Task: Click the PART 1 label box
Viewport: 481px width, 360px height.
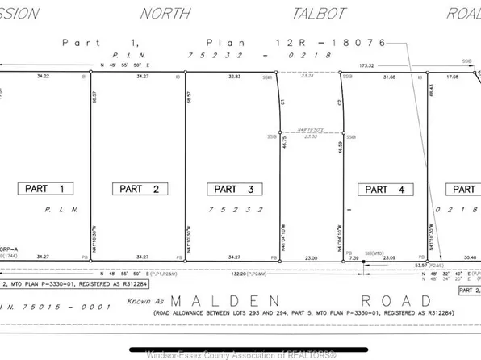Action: [45, 188]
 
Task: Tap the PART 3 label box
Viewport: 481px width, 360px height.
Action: [233, 189]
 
